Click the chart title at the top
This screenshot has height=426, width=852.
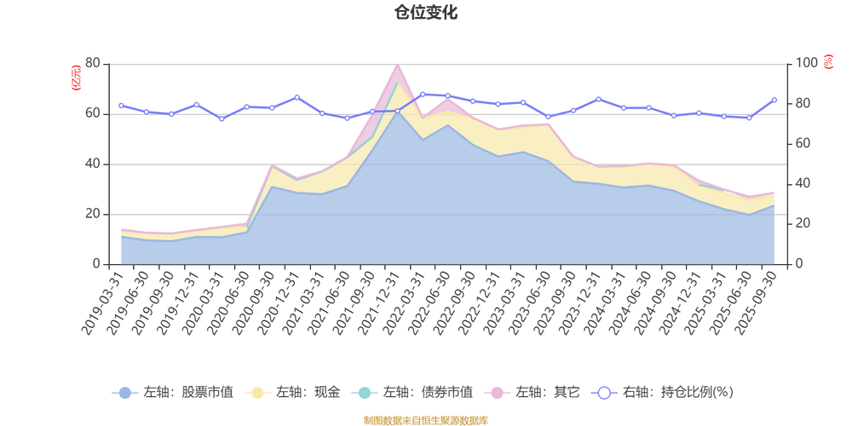426,12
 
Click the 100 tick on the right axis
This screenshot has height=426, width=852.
806,62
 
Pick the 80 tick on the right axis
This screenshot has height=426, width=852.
803,102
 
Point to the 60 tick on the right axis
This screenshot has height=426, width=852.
803,143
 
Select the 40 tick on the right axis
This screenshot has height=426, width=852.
803,183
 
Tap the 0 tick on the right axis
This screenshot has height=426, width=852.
800,263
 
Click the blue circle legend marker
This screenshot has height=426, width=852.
125,393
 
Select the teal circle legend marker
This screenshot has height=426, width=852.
366,393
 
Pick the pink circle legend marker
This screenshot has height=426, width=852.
498,393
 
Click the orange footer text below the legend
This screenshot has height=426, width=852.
426,418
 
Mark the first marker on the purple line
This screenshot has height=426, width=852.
121,106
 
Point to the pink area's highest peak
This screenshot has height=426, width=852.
397,66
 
